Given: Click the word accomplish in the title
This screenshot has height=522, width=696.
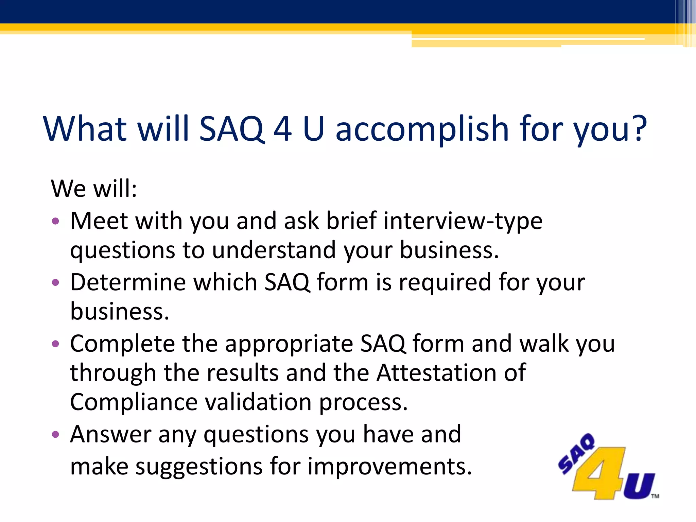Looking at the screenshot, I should [422, 129].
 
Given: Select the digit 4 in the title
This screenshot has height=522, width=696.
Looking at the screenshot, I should [282, 129].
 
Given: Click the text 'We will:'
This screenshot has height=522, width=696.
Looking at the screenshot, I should [94, 188].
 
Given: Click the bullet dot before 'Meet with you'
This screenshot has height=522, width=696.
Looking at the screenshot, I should [55, 222].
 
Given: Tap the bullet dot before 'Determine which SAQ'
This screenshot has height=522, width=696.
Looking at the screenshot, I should [55, 282].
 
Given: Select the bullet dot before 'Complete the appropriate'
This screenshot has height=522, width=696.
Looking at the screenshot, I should [55, 344].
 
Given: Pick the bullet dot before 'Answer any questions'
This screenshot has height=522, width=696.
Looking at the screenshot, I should [55, 434].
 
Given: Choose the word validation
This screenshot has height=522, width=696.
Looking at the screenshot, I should [258, 402].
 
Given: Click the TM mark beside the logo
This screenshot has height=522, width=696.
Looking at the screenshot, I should [655, 496].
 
